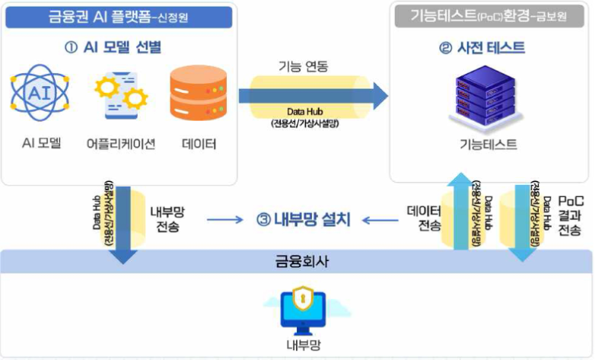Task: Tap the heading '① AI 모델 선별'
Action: click(x=113, y=47)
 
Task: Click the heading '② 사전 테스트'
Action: click(x=493, y=47)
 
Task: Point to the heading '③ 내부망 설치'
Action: click(x=303, y=220)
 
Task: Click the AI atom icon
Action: click(x=39, y=94)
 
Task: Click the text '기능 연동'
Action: click(x=303, y=67)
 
